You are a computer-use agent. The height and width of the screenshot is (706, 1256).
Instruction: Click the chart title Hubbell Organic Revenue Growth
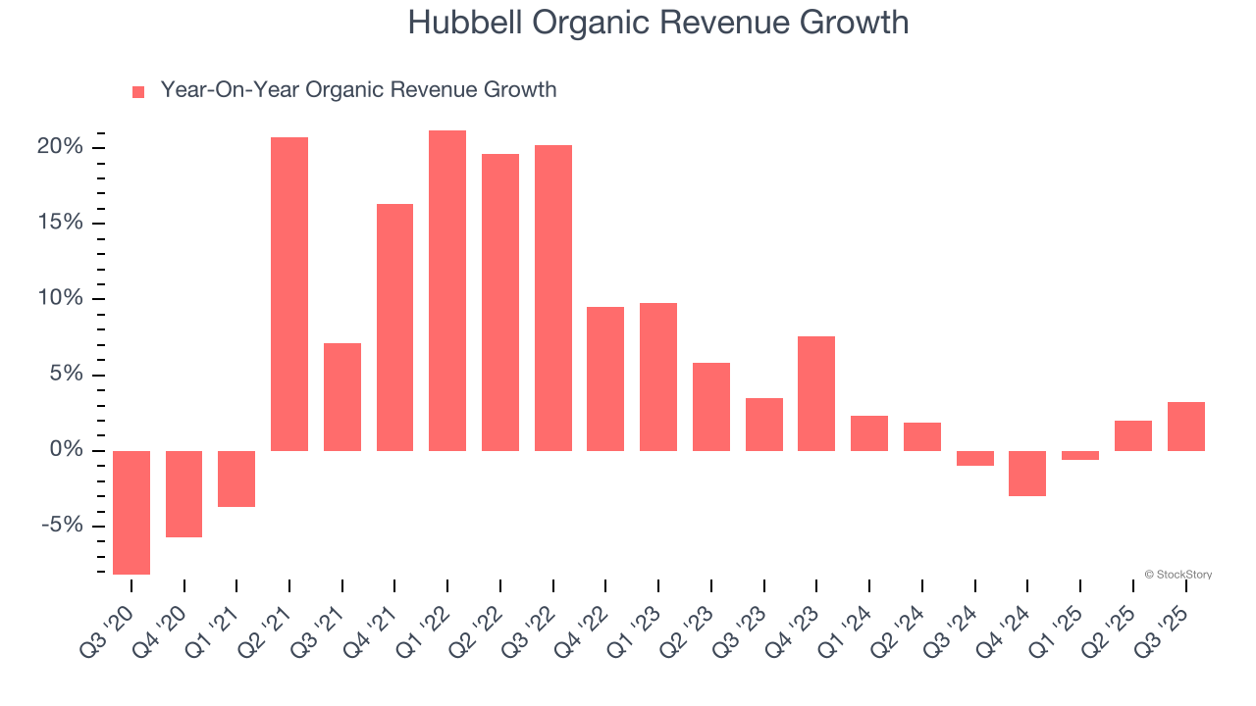(657, 23)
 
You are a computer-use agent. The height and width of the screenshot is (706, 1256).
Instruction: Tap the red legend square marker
(138, 91)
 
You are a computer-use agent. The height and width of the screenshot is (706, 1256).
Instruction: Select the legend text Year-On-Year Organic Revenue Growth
(358, 90)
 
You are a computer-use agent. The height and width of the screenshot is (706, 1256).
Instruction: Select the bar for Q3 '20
(131, 512)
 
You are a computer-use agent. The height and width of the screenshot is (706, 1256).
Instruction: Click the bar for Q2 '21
(289, 294)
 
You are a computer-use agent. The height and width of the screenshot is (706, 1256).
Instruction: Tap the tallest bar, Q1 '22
(447, 290)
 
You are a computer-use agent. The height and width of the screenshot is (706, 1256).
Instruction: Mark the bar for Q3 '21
(342, 397)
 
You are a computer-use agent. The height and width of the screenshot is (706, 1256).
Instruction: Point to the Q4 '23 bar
(816, 393)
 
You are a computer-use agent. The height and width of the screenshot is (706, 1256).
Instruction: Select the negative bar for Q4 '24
(1027, 473)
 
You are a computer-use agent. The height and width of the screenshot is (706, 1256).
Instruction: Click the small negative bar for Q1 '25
(1080, 455)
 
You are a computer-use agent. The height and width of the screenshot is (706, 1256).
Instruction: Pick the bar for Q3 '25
(1185, 427)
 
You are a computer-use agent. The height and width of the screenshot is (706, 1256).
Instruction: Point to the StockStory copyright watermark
(1177, 575)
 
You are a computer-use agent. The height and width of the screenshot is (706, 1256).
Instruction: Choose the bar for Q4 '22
(605, 378)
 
